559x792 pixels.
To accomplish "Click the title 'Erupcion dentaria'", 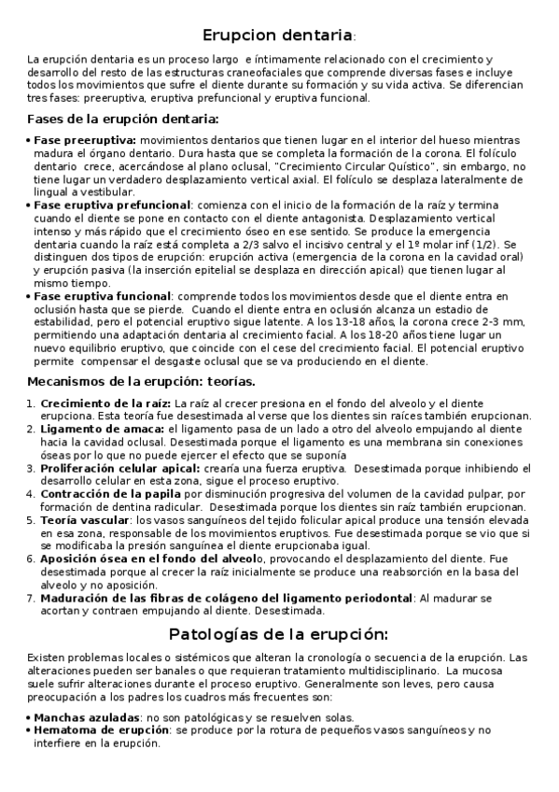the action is coord(277,35).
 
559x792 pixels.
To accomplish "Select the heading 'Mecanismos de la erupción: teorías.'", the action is coord(141,381).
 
